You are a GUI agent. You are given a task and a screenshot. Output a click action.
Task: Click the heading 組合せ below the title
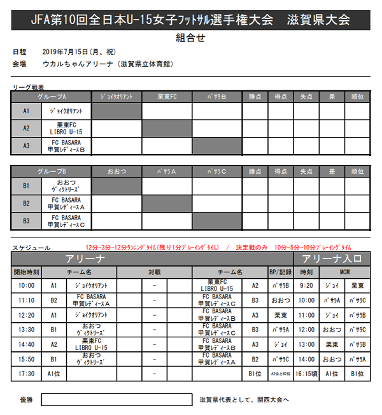191,38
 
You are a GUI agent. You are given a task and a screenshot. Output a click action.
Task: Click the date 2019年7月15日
69,52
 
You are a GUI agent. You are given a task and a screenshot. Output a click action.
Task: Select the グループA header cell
52,96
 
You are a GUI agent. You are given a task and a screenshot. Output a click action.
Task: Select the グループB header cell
52,171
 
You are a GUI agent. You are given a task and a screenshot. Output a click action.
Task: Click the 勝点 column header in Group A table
255,96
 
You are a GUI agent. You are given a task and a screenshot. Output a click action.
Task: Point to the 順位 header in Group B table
357,171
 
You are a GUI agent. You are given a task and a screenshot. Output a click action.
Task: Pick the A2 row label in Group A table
26,127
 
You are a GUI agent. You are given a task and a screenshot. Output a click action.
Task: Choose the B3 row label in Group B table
26,221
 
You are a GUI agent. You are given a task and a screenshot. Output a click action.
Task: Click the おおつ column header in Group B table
117,171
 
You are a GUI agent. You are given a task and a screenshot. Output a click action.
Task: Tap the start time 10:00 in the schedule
26,286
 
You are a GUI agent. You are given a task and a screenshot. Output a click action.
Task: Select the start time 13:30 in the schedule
26,330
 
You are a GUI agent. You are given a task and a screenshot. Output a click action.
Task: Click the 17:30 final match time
26,374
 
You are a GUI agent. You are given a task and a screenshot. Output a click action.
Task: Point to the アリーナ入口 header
332,258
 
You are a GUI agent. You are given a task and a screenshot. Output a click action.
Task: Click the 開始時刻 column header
26,272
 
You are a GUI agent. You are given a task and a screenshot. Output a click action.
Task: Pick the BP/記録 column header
281,272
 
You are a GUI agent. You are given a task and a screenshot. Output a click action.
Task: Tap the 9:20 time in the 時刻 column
307,286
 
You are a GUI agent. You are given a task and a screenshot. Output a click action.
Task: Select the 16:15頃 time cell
307,374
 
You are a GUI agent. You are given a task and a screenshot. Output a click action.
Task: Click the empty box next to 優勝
117,400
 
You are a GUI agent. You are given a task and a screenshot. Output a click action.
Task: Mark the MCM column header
344,272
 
